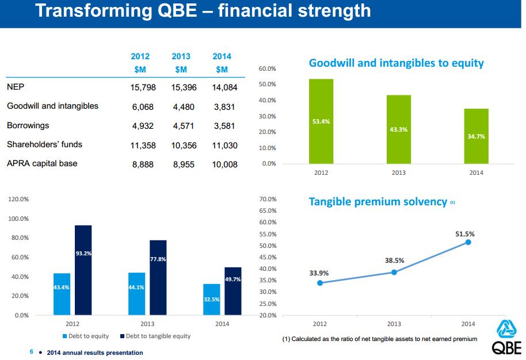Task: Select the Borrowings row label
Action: pos(28,125)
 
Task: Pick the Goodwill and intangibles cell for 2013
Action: pos(183,106)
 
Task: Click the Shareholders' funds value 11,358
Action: pos(140,145)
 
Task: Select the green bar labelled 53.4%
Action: pos(321,121)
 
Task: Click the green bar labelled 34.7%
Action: pos(476,136)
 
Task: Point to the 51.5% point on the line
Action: pos(468,242)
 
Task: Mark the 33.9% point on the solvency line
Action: pos(320,283)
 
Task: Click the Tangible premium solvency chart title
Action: pos(378,201)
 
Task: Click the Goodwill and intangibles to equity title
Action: pos(396,63)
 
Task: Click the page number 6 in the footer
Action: pos(31,352)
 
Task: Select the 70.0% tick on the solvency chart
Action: pos(269,199)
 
